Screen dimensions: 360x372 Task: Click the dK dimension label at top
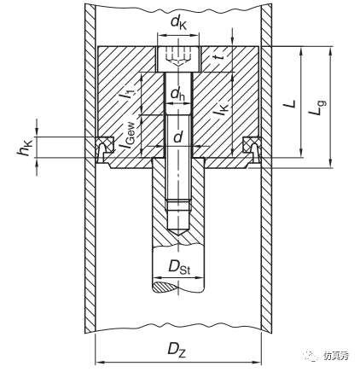(178, 23)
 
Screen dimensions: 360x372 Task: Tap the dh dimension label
(177, 95)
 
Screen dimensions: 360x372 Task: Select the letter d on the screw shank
(177, 137)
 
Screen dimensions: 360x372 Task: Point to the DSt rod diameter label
(179, 267)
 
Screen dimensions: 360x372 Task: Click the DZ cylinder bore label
(177, 349)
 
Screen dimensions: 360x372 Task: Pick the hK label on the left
(25, 148)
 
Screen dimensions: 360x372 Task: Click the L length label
(290, 103)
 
